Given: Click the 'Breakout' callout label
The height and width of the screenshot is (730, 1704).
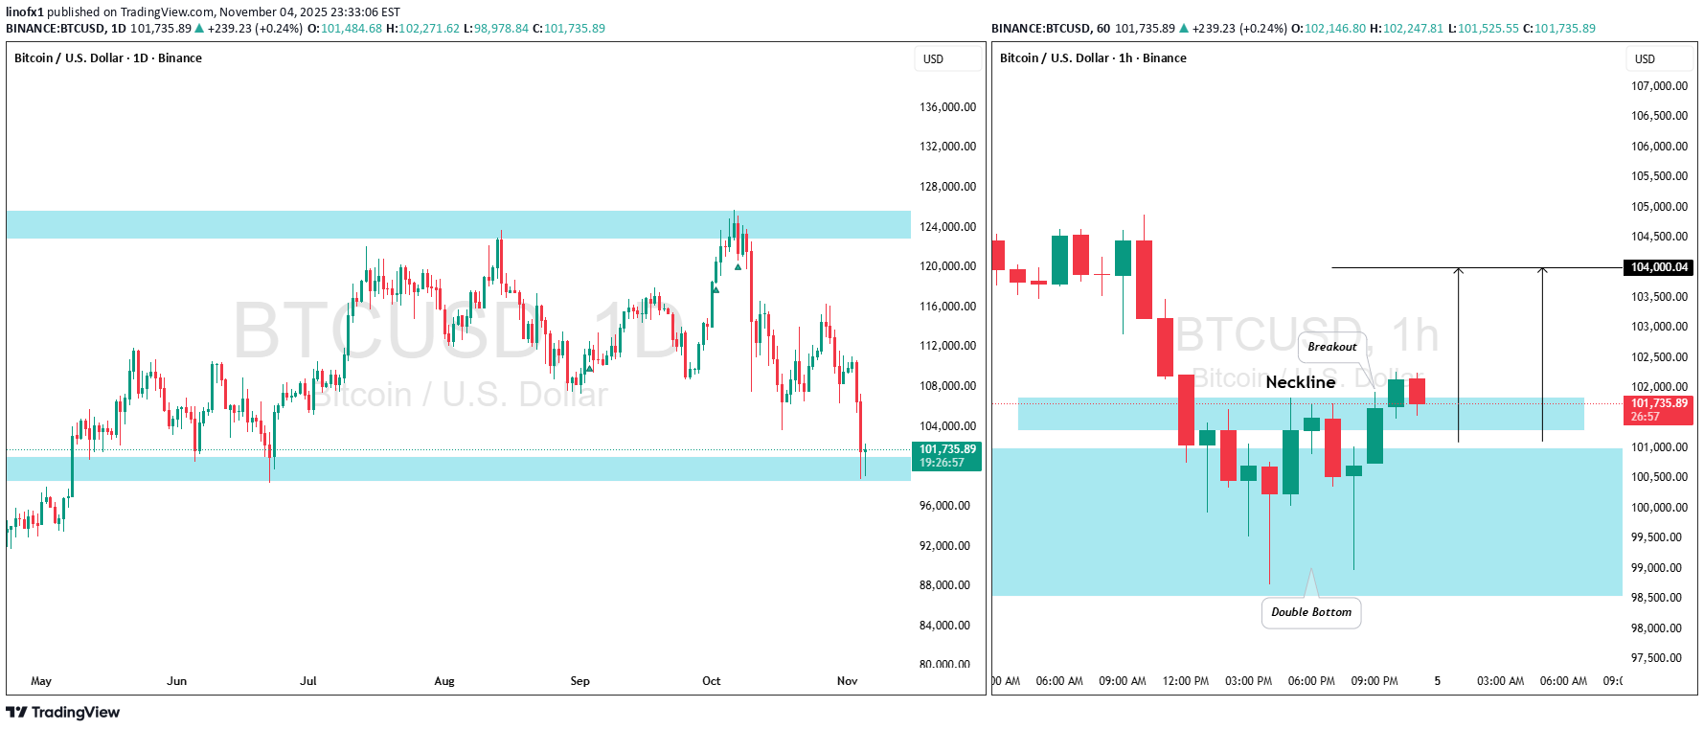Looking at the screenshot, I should [1331, 347].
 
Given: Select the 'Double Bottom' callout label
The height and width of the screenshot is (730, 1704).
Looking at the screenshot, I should [1311, 612].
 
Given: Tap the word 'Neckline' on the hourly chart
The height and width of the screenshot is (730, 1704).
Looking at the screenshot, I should [1300, 382].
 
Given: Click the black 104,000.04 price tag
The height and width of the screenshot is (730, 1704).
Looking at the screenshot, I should [1659, 267].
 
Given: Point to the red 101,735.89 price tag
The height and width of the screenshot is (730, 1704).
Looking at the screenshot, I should [1659, 410].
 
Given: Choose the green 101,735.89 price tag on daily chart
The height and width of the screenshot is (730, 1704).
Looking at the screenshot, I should [947, 456].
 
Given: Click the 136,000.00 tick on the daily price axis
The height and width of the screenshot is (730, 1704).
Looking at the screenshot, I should [947, 107].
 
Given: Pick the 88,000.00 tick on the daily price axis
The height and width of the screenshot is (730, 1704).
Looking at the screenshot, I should [944, 585].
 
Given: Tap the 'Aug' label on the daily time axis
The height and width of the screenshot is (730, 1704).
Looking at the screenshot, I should [444, 681].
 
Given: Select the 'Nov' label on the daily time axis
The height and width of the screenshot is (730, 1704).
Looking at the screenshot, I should [847, 681].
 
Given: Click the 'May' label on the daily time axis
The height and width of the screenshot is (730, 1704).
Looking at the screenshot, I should [41, 681].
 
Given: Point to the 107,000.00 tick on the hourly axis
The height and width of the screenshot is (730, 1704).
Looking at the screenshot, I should [1659, 86].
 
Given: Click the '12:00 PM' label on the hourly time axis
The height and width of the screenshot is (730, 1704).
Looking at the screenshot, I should [1185, 681].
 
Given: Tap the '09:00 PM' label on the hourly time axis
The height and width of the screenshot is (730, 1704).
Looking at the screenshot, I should [1374, 681].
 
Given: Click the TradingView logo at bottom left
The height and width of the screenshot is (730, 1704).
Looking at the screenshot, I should [63, 713].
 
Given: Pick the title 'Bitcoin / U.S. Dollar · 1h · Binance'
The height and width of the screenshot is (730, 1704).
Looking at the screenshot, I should [1093, 58].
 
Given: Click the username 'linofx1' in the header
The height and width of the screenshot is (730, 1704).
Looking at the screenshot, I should [25, 12].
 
